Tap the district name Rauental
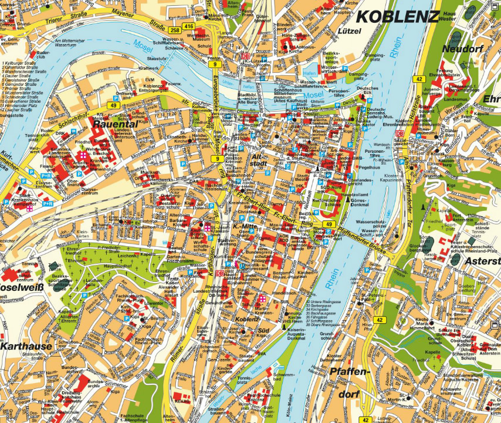tap(116, 125)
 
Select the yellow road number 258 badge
tap(174, 29)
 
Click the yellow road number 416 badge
tap(188, 26)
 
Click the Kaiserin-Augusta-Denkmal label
tap(296, 335)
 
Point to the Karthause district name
tap(26, 346)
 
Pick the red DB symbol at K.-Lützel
tap(245, 56)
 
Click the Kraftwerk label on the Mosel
tap(148, 68)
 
